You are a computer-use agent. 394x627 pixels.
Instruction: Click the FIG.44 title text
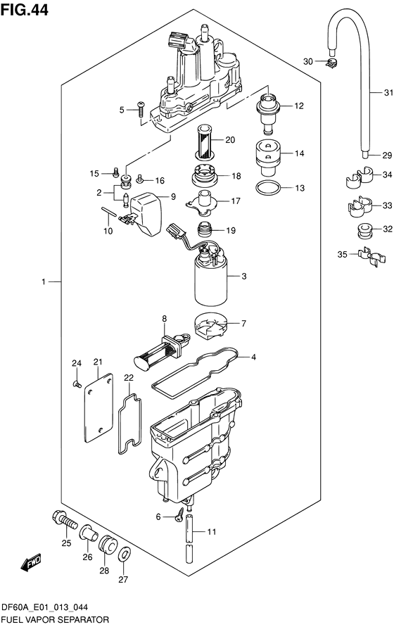[x=25, y=9]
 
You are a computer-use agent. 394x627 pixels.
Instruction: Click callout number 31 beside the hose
[x=388, y=93]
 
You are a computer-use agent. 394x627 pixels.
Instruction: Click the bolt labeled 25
[x=65, y=520]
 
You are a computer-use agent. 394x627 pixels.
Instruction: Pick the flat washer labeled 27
[x=125, y=555]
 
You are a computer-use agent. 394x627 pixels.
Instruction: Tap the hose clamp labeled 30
[x=331, y=62]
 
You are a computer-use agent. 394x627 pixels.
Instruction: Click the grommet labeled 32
[x=364, y=231]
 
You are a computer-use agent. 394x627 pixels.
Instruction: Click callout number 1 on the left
[x=44, y=282]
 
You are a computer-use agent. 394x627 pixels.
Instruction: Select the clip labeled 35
[x=372, y=257]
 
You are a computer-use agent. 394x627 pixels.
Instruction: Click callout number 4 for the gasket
[x=253, y=357]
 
